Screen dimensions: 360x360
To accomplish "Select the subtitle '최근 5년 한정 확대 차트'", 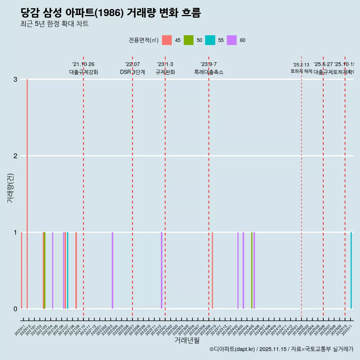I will tap(54, 24).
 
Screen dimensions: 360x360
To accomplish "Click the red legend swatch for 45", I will tap(167, 40).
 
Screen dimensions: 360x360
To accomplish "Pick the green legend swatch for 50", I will tap(189, 40).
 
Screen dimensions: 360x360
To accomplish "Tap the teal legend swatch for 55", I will tap(210, 40).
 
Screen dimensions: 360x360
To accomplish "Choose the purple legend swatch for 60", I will tap(232, 40).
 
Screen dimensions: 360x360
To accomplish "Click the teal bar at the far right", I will tap(351, 270).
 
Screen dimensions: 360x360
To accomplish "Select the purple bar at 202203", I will tap(112, 270).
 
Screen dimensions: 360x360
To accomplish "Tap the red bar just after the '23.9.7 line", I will tap(212, 270).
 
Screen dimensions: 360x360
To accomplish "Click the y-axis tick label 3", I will tap(15, 79).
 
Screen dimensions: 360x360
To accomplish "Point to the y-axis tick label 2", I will tap(15, 156).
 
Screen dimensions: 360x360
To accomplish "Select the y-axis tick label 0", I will tap(15, 309).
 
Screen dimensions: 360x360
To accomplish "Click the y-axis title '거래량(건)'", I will tap(10, 188).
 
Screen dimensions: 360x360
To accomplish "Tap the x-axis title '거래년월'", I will tap(187, 340).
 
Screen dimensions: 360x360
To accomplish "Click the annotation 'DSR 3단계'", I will tap(132, 72).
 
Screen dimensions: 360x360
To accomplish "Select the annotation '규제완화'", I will tap(165, 72).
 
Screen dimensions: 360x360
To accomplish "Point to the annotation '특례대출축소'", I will tap(208, 72).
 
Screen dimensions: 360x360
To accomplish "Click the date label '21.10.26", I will tap(83, 64).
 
